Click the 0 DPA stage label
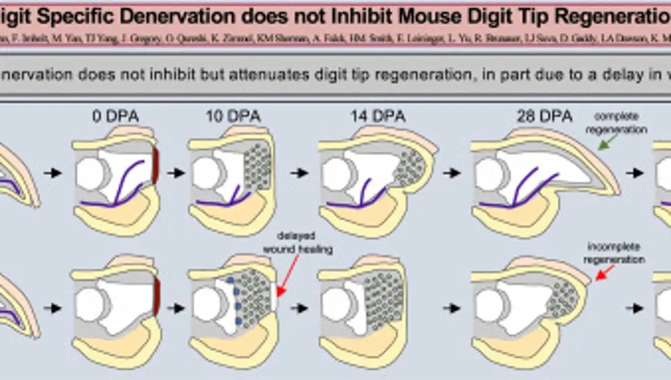coord(115,117)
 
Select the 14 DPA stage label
coord(377,117)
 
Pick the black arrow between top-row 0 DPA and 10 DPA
coord(176,173)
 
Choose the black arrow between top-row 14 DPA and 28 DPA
coord(452,173)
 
